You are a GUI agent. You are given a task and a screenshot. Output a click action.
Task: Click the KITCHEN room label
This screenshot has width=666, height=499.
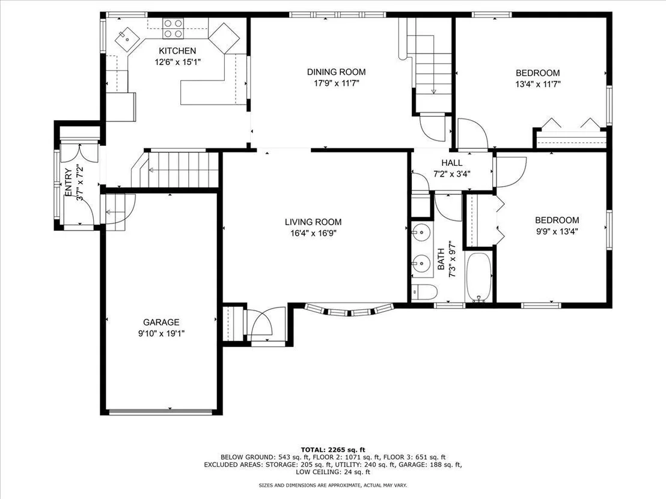click(x=177, y=51)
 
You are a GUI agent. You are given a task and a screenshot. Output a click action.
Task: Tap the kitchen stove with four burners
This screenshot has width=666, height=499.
click(x=173, y=28)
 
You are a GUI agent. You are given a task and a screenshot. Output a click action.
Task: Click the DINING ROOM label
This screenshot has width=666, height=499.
click(x=337, y=72)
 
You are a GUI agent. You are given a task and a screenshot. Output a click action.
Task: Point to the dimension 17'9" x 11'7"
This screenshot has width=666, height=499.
click(x=337, y=83)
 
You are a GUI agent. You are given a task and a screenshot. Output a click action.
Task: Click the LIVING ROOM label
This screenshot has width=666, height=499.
click(x=313, y=222)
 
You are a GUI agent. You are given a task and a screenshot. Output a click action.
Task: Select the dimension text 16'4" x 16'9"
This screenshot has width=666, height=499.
click(x=313, y=233)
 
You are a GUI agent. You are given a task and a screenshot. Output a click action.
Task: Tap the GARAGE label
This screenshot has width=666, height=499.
click(x=161, y=322)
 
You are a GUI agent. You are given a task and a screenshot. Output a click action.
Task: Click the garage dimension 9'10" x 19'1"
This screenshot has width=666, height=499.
click(x=161, y=333)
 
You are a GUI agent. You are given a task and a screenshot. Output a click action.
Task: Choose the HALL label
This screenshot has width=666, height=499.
click(x=452, y=163)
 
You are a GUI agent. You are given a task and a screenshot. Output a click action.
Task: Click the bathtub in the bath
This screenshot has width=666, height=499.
click(x=479, y=277)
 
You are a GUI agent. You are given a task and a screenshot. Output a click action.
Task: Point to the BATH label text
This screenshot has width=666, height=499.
click(x=441, y=259)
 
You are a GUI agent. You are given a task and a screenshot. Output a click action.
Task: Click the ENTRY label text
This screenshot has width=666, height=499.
click(x=68, y=183)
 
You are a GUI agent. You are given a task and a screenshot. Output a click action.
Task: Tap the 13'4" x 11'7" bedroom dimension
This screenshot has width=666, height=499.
click(x=538, y=84)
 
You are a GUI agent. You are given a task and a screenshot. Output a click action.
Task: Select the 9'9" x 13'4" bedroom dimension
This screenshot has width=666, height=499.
click(x=557, y=231)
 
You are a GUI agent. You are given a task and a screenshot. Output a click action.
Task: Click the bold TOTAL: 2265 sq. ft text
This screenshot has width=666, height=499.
click(x=333, y=450)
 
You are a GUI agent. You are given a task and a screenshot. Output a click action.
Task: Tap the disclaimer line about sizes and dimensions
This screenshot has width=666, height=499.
click(x=333, y=485)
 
